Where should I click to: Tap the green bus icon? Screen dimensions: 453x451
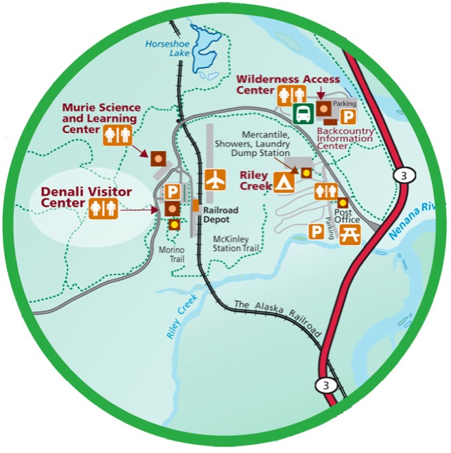(302, 113)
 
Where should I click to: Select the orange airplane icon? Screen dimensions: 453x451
(215, 180)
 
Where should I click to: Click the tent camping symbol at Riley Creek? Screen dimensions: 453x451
(284, 181)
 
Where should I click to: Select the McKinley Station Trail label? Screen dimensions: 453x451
(234, 244)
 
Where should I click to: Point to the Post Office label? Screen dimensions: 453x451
(349, 216)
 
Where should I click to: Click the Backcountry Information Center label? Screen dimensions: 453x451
(345, 138)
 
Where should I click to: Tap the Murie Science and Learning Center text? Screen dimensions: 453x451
(101, 118)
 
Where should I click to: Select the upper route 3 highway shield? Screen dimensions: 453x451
(402, 176)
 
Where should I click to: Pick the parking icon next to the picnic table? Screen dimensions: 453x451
(316, 232)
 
